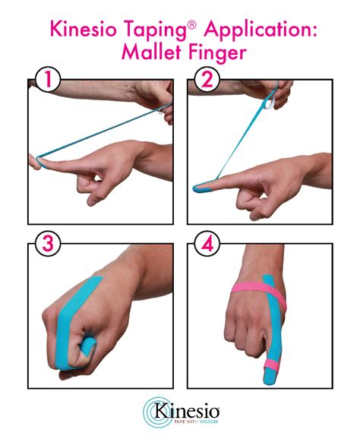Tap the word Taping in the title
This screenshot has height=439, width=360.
click(x=152, y=30)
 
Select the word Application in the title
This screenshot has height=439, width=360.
click(x=256, y=30)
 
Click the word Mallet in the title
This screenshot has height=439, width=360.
click(x=147, y=55)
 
